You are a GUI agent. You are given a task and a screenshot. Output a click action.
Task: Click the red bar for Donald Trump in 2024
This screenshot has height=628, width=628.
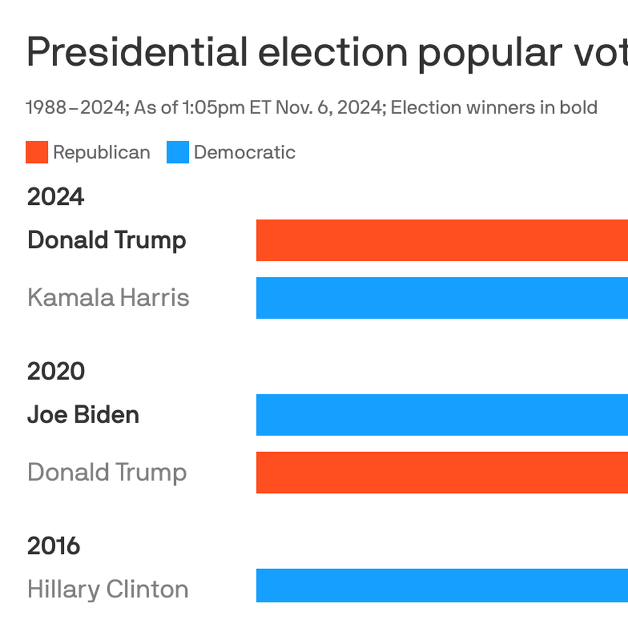[x=442, y=240]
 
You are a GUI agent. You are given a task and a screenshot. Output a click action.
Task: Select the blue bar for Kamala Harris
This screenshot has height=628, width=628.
[x=442, y=298]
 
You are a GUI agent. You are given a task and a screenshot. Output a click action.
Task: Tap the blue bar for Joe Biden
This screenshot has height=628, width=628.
[x=442, y=415]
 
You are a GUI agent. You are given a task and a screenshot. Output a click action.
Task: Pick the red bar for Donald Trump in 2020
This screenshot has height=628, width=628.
[x=442, y=472]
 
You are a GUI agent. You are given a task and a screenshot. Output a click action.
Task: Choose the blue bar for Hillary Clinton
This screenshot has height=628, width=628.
[x=442, y=586]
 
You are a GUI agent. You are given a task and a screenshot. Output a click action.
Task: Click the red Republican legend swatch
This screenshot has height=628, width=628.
[x=37, y=153]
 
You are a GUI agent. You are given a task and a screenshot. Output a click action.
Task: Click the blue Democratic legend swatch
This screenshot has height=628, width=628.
[x=178, y=153]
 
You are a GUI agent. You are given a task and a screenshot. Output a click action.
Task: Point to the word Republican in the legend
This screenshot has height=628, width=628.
[x=101, y=153]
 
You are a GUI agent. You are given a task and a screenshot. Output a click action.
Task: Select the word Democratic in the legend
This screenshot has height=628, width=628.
[x=245, y=153]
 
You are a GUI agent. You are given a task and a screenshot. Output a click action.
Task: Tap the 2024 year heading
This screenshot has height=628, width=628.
[x=56, y=197]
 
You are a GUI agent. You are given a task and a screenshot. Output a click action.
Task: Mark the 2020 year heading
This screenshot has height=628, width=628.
[x=56, y=372]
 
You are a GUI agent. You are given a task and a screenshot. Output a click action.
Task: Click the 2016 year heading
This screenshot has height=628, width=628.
[x=54, y=546]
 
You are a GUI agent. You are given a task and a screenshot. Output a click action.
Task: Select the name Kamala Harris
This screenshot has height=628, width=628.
[x=109, y=298]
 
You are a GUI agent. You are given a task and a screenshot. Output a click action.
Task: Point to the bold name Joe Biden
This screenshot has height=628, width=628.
[x=83, y=415]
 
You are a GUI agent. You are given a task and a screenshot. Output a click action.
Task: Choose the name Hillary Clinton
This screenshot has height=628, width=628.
[x=108, y=589]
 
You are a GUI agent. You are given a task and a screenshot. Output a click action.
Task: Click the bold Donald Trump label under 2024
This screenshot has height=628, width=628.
[x=107, y=240]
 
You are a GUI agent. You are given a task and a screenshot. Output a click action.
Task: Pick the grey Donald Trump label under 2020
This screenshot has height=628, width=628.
[x=107, y=473]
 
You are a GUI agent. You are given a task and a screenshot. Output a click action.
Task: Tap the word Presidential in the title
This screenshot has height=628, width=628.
[x=137, y=53]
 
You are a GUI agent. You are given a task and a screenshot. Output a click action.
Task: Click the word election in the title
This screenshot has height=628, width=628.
[x=333, y=53]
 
